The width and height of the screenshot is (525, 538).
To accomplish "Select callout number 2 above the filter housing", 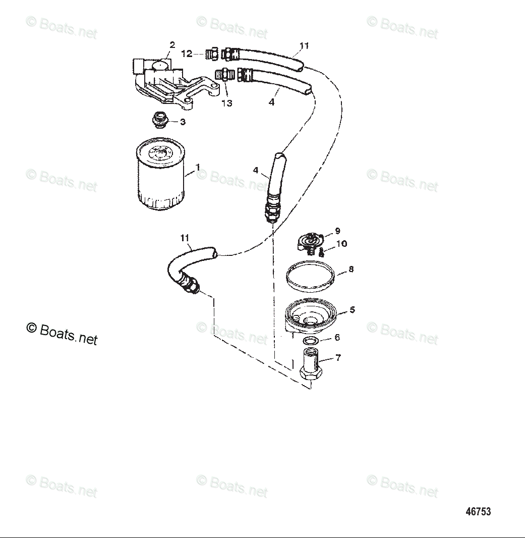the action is (x=172, y=45).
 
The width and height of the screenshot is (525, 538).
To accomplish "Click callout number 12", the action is (x=187, y=53).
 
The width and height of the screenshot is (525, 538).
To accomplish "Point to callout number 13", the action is (x=227, y=103).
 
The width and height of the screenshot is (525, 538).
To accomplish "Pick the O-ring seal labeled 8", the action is (x=310, y=277).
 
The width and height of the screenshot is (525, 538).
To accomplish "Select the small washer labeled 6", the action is (x=311, y=341).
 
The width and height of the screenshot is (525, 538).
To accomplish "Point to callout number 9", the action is (x=337, y=231).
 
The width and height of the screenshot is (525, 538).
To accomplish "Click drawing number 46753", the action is (x=478, y=511).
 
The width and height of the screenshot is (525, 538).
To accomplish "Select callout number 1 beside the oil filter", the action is (x=198, y=167).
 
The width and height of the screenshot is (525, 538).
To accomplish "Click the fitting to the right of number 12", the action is (x=212, y=53).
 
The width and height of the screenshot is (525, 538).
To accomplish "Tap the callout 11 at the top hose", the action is (x=304, y=46).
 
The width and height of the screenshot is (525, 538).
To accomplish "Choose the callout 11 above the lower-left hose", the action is (x=185, y=237).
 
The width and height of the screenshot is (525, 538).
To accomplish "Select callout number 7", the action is (x=338, y=357).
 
